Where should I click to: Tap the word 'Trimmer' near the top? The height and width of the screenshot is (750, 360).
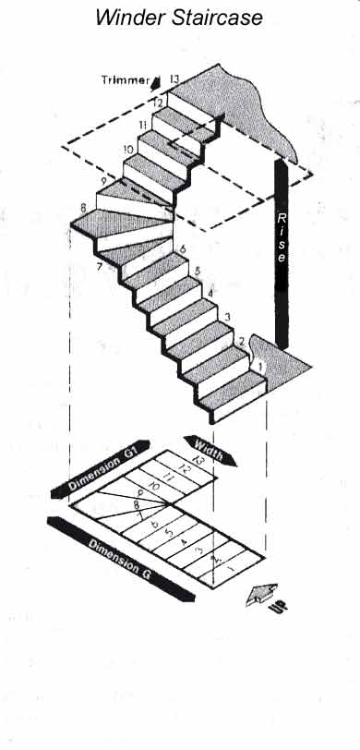126,81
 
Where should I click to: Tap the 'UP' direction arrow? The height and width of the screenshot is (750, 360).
264,597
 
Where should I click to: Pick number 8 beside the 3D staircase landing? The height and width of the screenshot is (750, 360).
84,208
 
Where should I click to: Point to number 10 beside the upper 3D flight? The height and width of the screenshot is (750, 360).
128,148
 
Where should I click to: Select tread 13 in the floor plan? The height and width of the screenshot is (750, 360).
198,461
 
